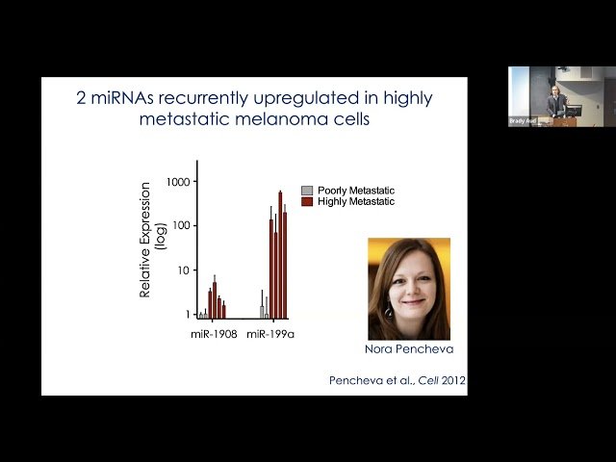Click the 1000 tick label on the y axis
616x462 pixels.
tap(178, 181)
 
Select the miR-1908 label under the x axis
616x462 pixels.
tap(214, 333)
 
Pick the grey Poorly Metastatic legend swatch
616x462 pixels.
tap(307, 191)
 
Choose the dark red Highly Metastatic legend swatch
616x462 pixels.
tap(307, 201)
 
